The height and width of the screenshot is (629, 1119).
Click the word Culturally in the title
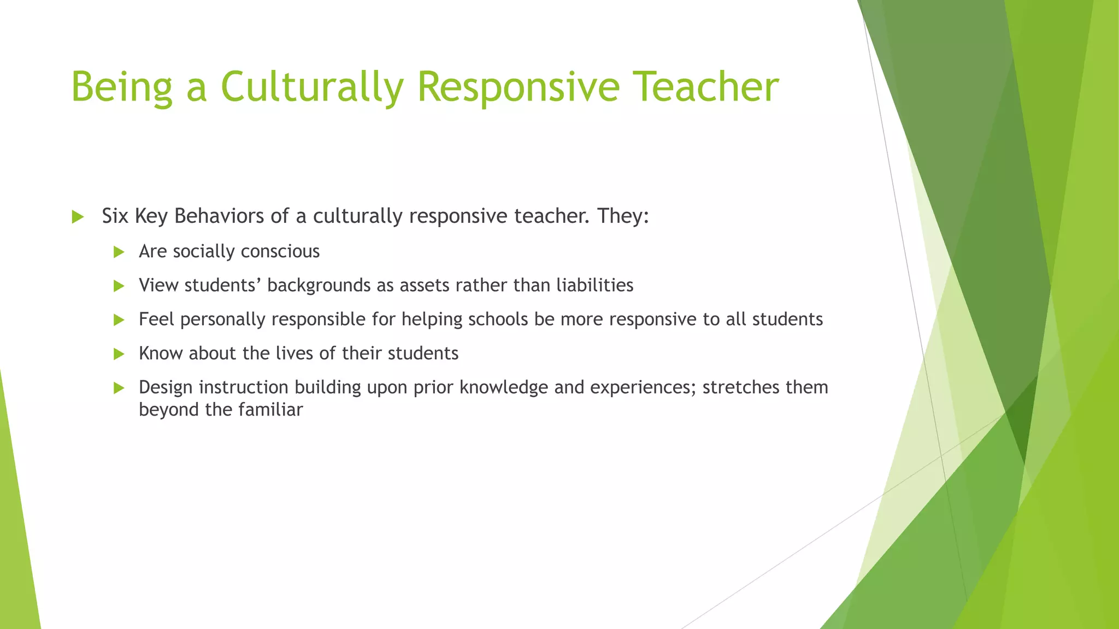pos(312,87)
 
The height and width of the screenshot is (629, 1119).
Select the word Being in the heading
pos(121,87)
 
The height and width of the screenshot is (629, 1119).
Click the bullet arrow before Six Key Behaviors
pos(78,217)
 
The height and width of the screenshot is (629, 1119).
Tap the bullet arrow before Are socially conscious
pos(119,252)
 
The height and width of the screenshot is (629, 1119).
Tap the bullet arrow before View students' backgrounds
pos(119,286)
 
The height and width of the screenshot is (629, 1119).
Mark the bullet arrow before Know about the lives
pos(119,354)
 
